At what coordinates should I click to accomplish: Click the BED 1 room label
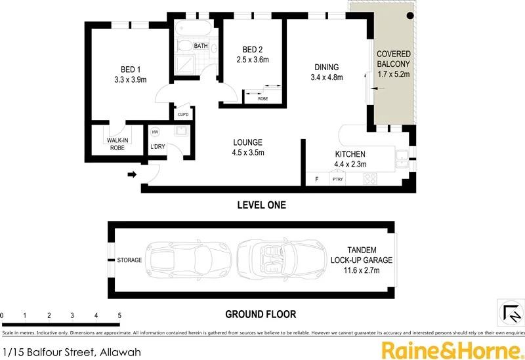130,70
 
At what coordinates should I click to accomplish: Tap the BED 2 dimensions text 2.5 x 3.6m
253,60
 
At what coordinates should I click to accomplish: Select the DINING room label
326,67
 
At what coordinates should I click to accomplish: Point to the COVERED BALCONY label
393,58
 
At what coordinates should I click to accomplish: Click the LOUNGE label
248,142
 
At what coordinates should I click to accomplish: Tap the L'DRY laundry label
157,146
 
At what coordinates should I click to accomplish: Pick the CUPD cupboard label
183,115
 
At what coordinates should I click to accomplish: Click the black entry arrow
131,174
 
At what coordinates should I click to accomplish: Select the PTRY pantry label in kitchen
338,179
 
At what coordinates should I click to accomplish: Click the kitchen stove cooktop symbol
370,178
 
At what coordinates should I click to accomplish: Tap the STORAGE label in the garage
129,260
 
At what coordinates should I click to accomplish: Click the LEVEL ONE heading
261,205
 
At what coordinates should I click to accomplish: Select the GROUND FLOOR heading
261,314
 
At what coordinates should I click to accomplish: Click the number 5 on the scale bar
119,315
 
